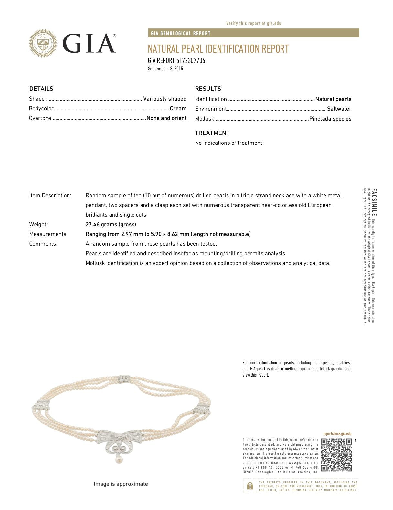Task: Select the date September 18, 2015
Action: click(165, 69)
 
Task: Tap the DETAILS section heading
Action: click(41, 89)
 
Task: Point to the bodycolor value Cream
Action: click(178, 108)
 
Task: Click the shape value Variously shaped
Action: click(165, 99)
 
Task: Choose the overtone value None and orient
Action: click(166, 118)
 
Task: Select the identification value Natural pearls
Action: click(333, 99)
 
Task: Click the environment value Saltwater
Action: click(339, 109)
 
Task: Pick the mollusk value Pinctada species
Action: click(330, 119)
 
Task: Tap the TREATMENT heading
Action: click(212, 133)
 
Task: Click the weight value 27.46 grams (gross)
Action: click(111, 224)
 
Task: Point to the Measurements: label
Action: click(48, 234)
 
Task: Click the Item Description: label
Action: click(50, 195)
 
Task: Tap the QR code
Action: click(336, 455)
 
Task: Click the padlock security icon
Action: click(250, 486)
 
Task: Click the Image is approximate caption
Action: click(121, 484)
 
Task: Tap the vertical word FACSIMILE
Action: click(374, 202)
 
